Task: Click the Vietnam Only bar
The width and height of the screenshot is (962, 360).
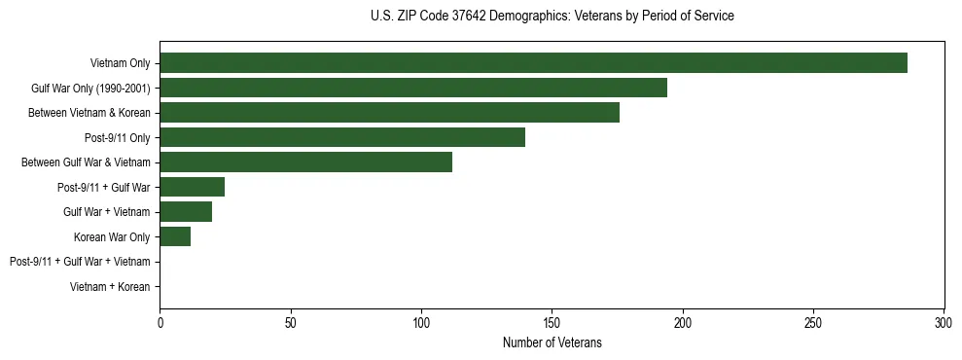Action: click(533, 63)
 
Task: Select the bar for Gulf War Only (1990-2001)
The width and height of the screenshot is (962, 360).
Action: click(413, 88)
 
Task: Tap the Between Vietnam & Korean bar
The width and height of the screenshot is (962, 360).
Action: click(389, 113)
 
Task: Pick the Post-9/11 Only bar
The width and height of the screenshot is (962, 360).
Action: click(342, 137)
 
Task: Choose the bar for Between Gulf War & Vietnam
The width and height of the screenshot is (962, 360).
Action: click(305, 162)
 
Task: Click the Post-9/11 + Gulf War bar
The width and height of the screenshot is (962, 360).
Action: click(192, 187)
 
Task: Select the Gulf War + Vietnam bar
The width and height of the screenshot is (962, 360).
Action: click(186, 212)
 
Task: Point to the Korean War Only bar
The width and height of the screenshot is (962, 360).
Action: click(175, 236)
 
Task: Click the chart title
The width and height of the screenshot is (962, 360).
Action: click(552, 17)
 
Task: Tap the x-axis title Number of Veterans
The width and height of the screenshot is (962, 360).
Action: click(552, 343)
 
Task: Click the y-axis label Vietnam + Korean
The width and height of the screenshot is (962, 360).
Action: click(110, 287)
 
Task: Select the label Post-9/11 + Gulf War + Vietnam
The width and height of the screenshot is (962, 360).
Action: click(80, 262)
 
